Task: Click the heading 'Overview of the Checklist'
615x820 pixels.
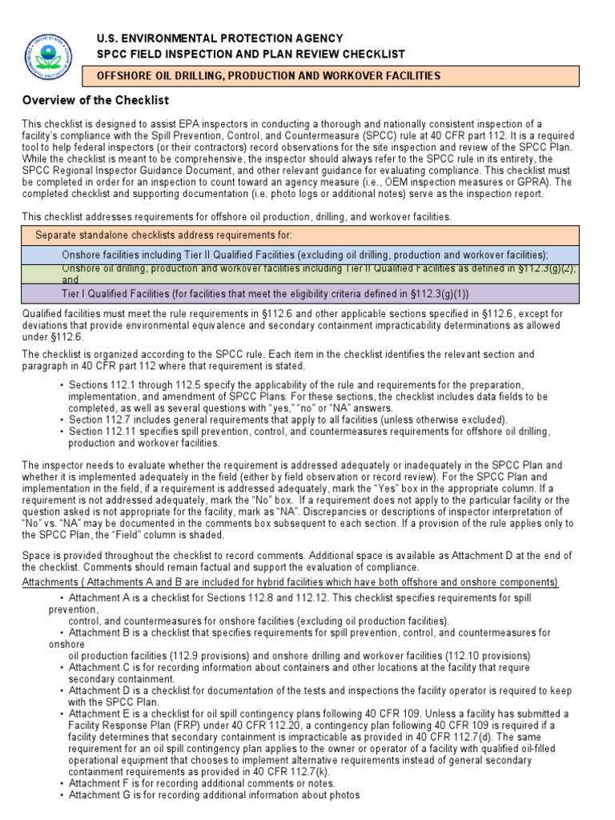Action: coord(95,100)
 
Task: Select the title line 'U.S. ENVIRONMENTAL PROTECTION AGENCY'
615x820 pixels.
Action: coord(220,38)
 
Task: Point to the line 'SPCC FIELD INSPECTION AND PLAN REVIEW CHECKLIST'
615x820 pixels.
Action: coord(251,54)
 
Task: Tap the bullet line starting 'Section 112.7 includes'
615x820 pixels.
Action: coord(288,420)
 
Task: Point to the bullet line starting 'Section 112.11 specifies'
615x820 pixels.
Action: coord(309,432)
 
